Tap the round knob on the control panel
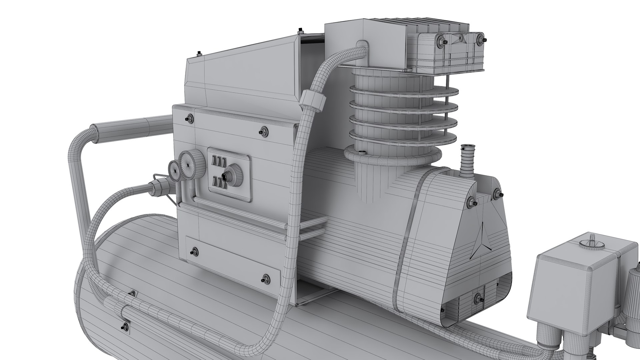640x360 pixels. [x=230, y=175]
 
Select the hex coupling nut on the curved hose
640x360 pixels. [x=312, y=101]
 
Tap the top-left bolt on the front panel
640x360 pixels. [x=190, y=118]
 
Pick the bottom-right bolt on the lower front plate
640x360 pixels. [x=266, y=278]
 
